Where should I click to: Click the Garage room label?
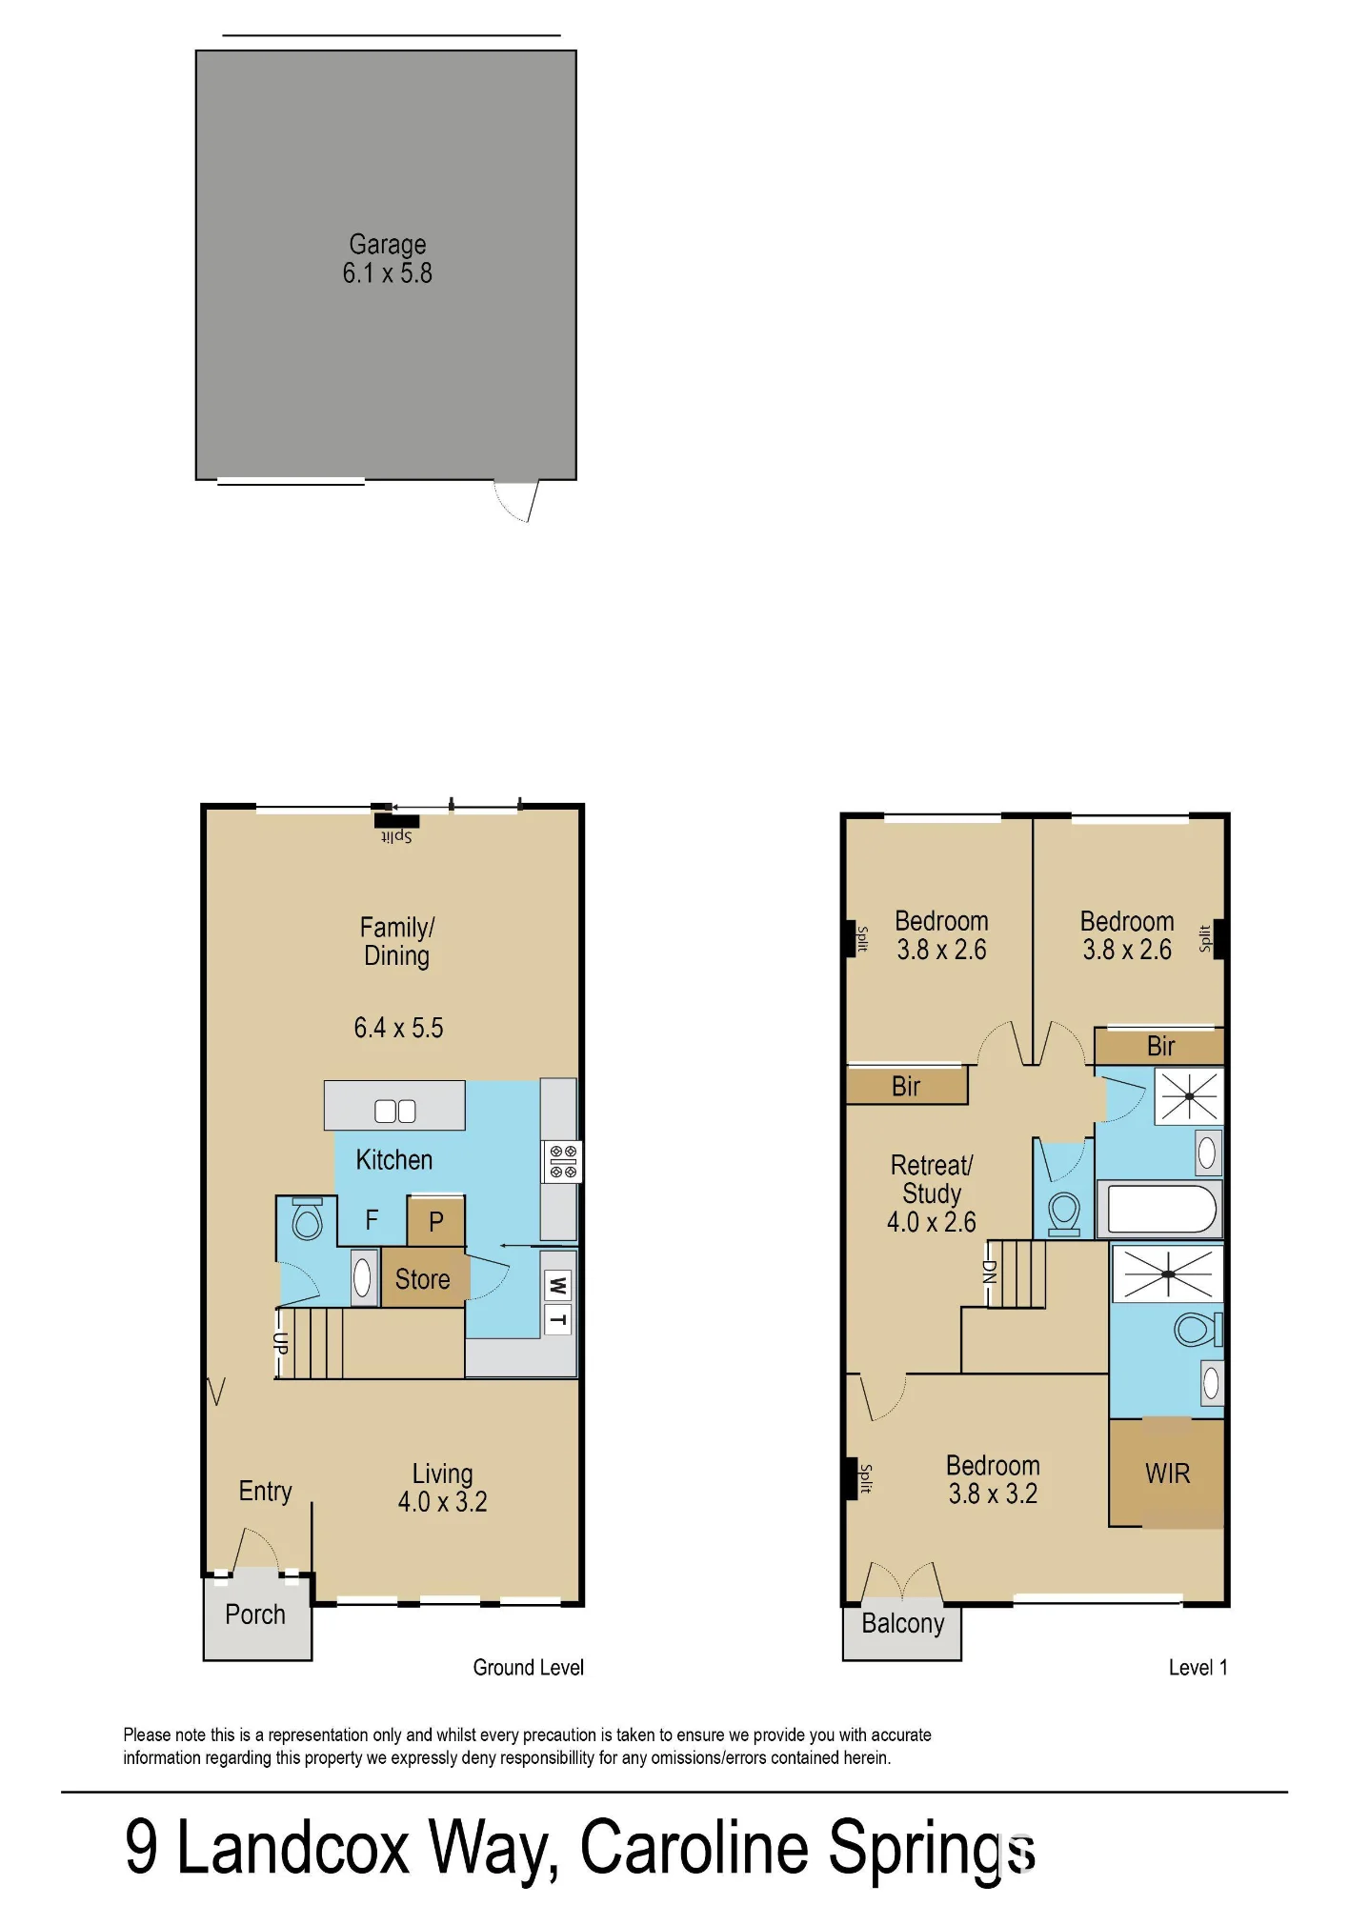tap(387, 245)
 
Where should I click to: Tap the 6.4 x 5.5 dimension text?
tap(398, 1028)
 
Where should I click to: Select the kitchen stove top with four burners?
tap(563, 1162)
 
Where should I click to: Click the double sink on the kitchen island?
tap(395, 1111)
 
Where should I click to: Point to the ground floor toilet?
tap(307, 1219)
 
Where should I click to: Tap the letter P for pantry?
tap(435, 1222)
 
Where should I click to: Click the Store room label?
tap(422, 1279)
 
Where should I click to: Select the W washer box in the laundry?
tap(557, 1286)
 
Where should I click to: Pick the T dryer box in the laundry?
tap(557, 1319)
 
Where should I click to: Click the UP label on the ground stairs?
tap(280, 1344)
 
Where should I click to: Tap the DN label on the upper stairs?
tap(989, 1272)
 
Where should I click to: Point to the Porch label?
tap(255, 1614)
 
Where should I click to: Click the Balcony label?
tap(902, 1623)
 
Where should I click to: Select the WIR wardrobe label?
tap(1168, 1474)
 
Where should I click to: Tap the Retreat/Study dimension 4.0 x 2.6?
tap(932, 1222)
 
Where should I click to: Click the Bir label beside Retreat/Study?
tap(906, 1086)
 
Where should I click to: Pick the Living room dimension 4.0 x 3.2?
tap(442, 1502)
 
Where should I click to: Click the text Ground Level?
tap(528, 1667)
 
